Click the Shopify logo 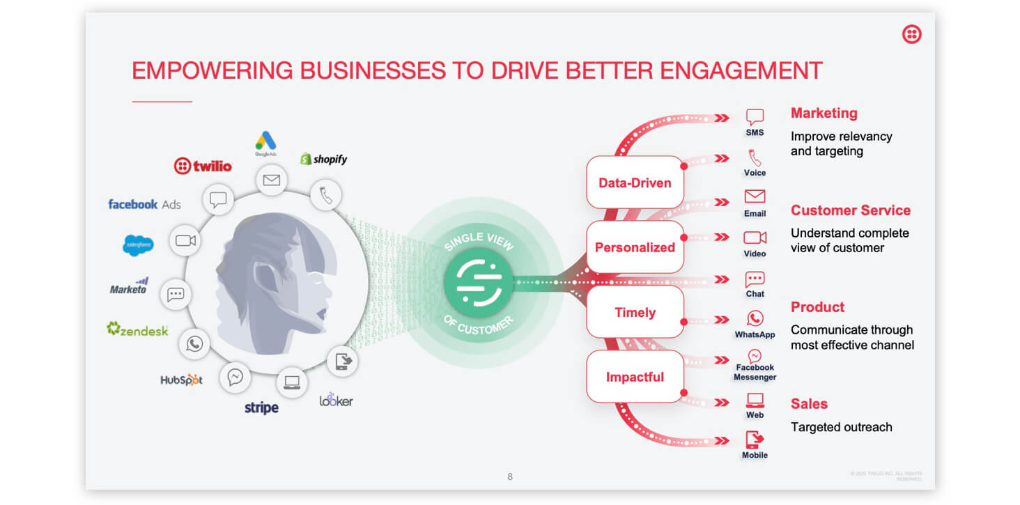(323, 159)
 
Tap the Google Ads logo (265, 142)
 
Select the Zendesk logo (137, 329)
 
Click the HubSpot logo (181, 380)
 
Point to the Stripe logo (261, 407)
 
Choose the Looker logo (336, 400)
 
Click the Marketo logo (129, 286)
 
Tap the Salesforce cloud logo (138, 245)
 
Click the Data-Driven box (635, 183)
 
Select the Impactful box (635, 377)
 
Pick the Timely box (635, 313)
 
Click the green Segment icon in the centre (479, 282)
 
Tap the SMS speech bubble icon (755, 117)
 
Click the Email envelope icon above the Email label (755, 196)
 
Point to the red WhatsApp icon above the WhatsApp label (755, 318)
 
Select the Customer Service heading (850, 210)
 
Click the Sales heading (809, 404)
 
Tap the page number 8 (510, 476)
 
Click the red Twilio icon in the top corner (911, 34)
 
